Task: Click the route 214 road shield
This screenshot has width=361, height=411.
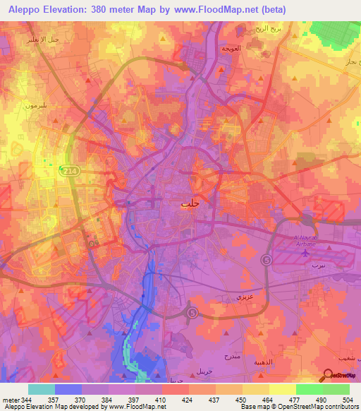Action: (70, 171)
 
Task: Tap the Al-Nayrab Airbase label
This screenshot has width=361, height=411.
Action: (307, 239)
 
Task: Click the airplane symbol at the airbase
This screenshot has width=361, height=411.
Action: (305, 252)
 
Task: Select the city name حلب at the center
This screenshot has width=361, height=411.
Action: (187, 203)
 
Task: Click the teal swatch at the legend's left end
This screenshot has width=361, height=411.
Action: (41, 389)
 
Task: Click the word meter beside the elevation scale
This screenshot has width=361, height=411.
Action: (10, 400)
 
